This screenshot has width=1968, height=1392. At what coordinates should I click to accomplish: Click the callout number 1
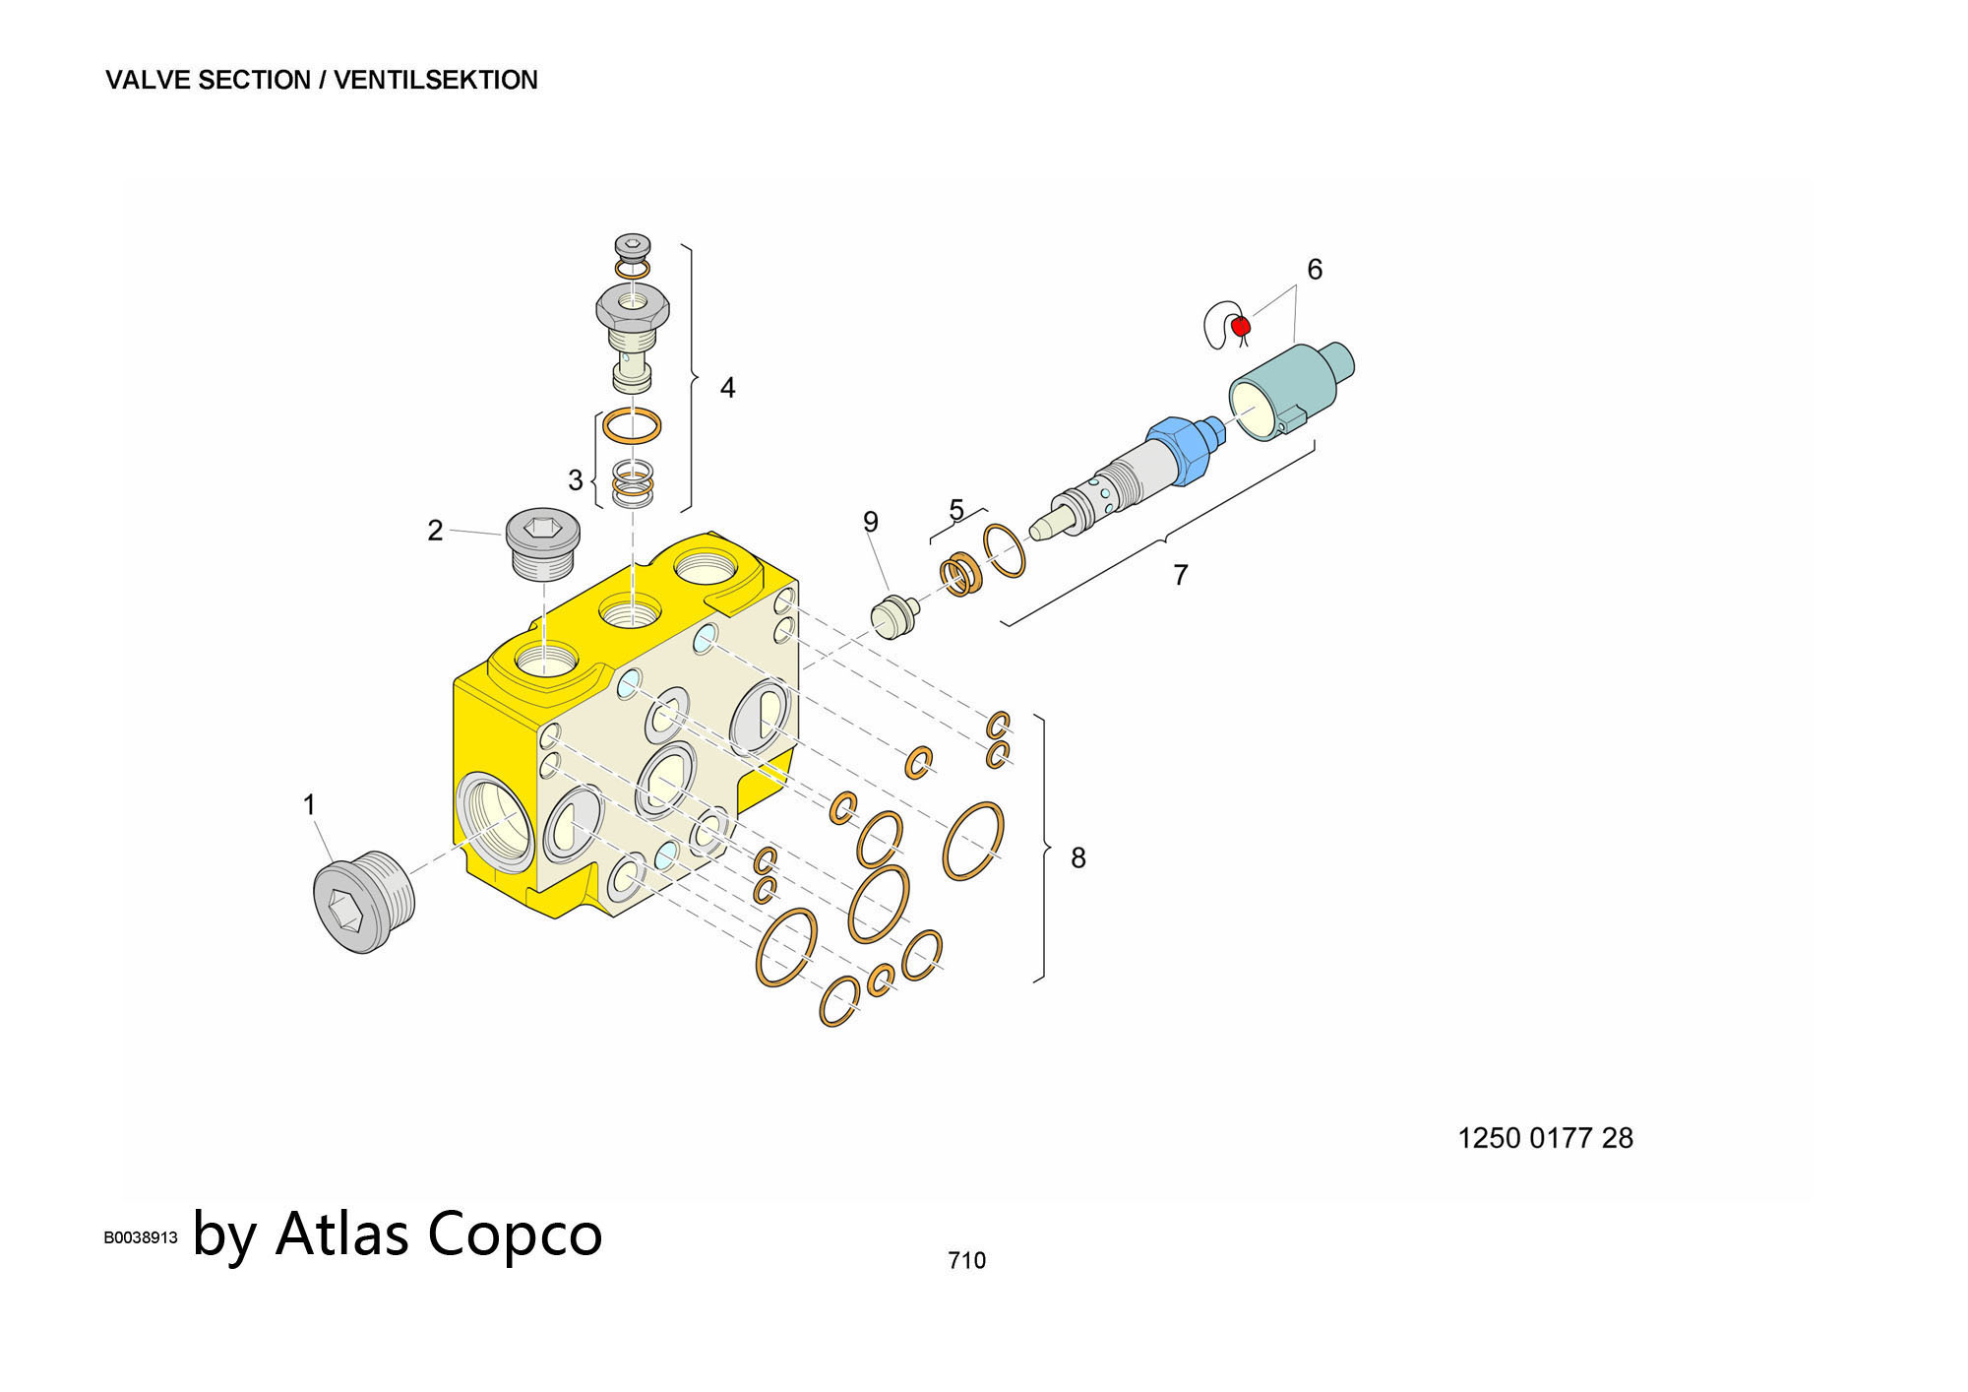[x=309, y=805]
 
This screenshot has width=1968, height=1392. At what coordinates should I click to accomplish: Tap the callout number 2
[x=435, y=531]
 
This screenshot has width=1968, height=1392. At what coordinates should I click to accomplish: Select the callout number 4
[x=727, y=388]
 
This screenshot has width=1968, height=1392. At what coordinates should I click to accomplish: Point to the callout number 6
[x=1314, y=269]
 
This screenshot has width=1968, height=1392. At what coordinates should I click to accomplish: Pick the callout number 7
[x=1180, y=574]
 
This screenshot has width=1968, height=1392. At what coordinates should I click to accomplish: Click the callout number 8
[x=1077, y=858]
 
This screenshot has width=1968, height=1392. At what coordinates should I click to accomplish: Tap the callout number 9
[x=870, y=522]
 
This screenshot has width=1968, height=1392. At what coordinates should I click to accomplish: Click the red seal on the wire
[x=1240, y=325]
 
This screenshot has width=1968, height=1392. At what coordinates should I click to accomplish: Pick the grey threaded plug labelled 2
[x=542, y=543]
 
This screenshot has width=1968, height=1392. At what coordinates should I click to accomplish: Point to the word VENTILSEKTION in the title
[x=435, y=80]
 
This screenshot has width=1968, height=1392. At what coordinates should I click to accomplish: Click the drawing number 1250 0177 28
[x=1544, y=1138]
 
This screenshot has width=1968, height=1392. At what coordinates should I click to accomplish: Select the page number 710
[x=966, y=1260]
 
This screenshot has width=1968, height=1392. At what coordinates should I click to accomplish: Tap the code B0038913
[x=141, y=1237]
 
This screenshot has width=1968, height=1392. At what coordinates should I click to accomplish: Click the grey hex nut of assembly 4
[x=633, y=308]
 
